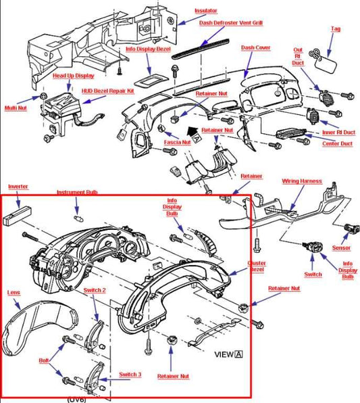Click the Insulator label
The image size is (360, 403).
coord(206,11)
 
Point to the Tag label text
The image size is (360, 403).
coord(336,29)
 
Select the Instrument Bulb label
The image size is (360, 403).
coord(77,192)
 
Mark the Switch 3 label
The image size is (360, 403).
coord(130,375)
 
